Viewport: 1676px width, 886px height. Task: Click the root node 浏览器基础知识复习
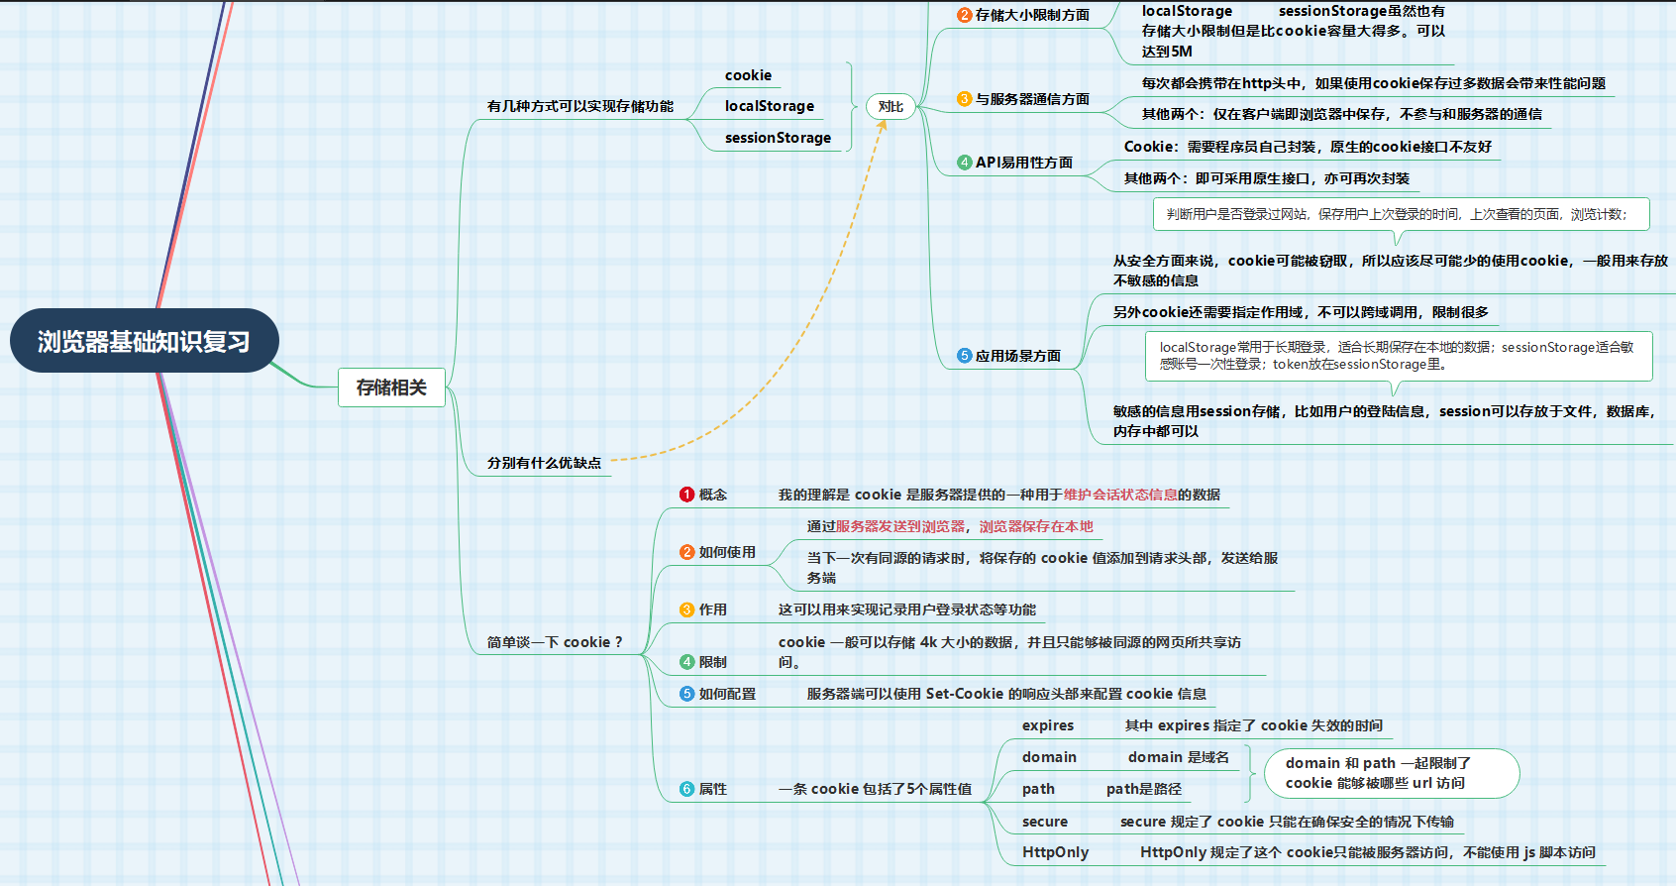tap(144, 341)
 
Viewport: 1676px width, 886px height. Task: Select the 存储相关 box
tap(391, 388)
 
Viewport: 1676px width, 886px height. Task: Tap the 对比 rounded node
tap(890, 106)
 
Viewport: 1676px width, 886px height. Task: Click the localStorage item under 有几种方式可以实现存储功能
tap(769, 106)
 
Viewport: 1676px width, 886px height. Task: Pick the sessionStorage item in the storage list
tap(778, 138)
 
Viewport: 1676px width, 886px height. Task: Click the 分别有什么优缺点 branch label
tap(544, 463)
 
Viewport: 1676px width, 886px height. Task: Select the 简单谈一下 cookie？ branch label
tap(555, 642)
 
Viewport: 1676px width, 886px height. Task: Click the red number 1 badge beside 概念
tap(687, 495)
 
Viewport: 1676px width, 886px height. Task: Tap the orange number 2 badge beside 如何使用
tap(687, 552)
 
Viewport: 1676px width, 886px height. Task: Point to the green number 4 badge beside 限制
tap(687, 662)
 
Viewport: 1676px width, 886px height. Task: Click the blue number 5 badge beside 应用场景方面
tap(964, 356)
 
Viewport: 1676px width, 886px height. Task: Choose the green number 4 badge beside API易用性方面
tap(964, 163)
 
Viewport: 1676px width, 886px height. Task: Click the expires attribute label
tap(1048, 725)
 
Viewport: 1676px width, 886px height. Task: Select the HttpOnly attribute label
tap(1055, 852)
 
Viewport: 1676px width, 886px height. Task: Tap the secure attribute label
tap(1045, 822)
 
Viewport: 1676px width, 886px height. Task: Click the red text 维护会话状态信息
tap(1120, 495)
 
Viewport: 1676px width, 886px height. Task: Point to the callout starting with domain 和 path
tap(1392, 773)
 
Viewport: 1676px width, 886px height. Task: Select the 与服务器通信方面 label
tap(1032, 99)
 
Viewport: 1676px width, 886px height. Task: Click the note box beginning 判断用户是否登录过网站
tap(1401, 214)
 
